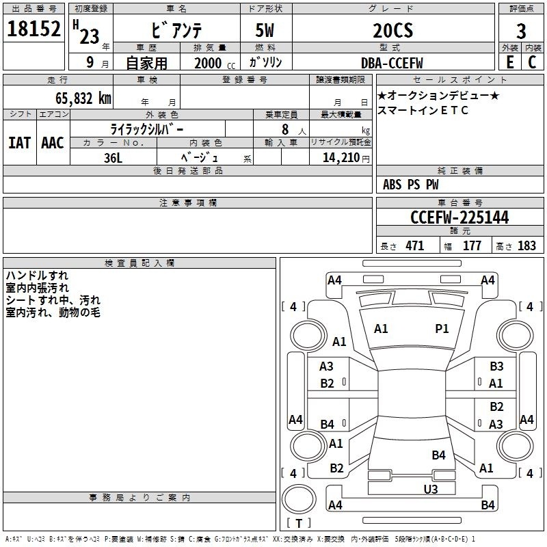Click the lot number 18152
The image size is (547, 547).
coord(34,29)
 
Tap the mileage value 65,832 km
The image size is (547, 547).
coord(83,98)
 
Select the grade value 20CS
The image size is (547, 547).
coord(392,30)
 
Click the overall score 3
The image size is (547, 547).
coord(521,31)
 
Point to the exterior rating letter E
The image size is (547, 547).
coord(510,62)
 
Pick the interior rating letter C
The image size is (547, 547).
coord(532,62)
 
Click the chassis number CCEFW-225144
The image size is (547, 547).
coord(459,217)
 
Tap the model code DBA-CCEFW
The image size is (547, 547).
coord(392,63)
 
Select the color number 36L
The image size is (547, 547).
coord(113,158)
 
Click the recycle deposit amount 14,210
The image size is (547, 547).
coord(341,158)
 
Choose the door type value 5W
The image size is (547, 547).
coord(265,30)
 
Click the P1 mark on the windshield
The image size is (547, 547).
coord(442,328)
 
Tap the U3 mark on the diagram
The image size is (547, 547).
coord(431,489)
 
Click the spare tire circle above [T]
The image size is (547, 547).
coord(299,499)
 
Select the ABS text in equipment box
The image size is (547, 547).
coord(392,185)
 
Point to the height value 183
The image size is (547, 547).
coord(526,245)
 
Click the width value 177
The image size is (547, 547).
coord(472,245)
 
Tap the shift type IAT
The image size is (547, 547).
coord(20,143)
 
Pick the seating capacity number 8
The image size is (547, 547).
coord(285,129)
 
